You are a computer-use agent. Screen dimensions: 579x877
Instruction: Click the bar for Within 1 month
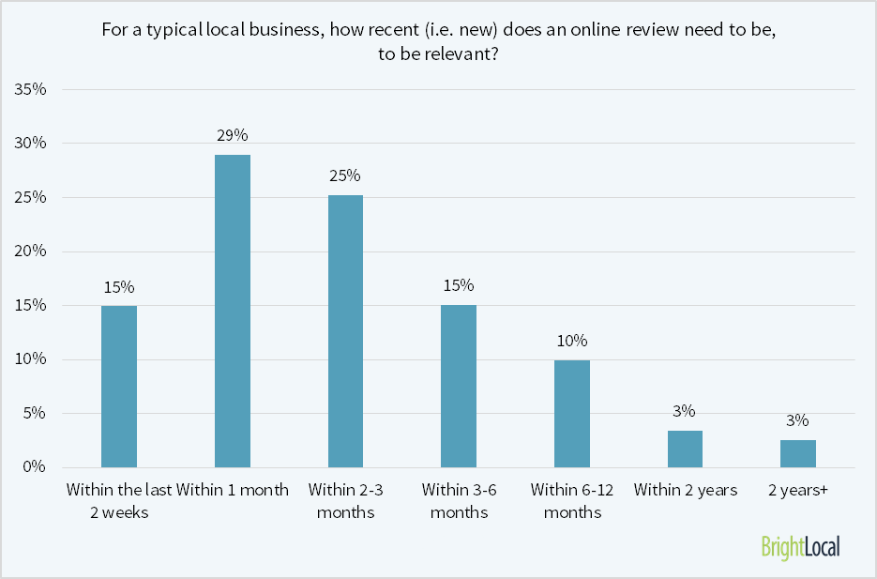233,311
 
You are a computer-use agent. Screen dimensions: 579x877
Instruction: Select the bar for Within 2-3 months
345,331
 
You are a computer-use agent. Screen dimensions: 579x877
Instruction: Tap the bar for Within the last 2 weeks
119,386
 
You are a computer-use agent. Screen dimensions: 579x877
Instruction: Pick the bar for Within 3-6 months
459,386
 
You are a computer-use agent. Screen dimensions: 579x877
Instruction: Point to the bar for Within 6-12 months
572,413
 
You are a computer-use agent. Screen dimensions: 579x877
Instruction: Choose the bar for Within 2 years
685,449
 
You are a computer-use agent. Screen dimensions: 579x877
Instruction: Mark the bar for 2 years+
798,453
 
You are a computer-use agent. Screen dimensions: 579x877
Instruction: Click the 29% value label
233,135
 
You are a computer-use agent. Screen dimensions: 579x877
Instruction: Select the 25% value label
345,175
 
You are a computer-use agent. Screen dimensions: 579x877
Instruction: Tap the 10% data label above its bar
572,340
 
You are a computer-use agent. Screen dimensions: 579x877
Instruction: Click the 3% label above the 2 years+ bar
798,420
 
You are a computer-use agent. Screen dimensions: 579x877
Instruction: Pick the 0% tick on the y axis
36,467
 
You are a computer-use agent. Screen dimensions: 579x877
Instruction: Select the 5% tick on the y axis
36,414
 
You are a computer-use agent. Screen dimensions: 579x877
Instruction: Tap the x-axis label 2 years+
798,490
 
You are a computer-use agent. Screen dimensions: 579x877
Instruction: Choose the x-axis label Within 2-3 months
345,501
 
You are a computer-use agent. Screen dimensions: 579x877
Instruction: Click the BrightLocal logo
800,546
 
